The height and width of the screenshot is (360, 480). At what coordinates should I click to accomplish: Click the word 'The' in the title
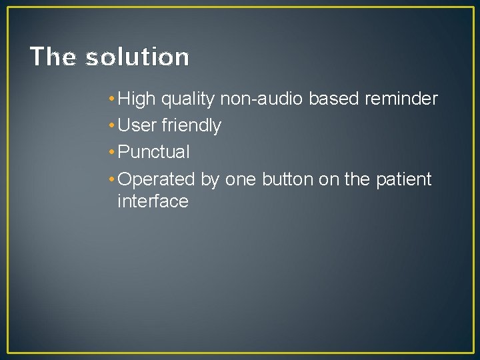point(53,57)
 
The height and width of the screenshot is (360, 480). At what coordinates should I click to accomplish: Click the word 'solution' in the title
point(137,57)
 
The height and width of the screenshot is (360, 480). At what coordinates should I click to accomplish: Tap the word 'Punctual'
point(153,153)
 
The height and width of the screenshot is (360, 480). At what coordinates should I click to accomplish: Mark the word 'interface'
point(153,201)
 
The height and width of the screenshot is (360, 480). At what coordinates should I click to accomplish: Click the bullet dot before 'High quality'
point(110,100)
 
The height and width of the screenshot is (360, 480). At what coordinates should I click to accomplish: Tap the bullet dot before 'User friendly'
point(110,126)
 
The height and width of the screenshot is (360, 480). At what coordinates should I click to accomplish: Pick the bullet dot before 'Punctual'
point(110,153)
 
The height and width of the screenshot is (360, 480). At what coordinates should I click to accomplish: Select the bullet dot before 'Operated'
point(110,180)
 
